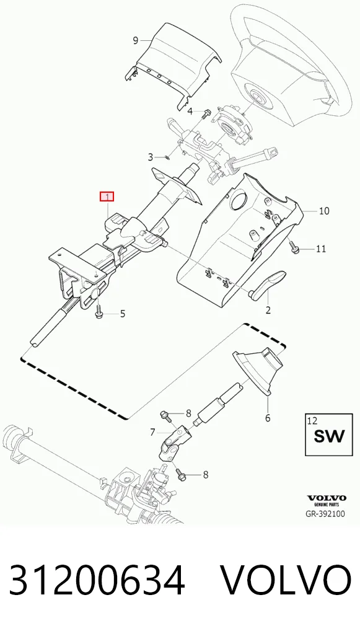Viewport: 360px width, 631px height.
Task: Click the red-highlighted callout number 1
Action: tap(107, 196)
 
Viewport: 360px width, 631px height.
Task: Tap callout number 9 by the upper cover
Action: tap(136, 40)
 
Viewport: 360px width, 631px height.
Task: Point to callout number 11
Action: tap(320, 249)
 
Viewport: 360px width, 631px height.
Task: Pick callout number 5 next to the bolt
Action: tap(123, 314)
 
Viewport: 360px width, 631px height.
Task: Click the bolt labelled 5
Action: tap(99, 309)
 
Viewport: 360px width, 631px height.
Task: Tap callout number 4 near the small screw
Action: tap(190, 111)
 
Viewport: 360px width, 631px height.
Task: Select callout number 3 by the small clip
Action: tap(151, 157)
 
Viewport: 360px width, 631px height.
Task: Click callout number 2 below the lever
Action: tap(268, 311)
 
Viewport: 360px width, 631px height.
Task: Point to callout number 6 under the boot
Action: tap(268, 418)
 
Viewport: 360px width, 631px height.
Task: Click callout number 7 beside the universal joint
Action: tap(152, 432)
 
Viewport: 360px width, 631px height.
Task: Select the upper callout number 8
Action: tap(188, 413)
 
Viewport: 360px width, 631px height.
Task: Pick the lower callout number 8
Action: tap(206, 475)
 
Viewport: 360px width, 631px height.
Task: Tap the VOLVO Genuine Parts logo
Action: tap(327, 501)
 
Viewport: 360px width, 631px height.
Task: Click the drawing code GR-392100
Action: tap(325, 514)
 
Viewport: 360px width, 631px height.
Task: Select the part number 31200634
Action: tap(97, 580)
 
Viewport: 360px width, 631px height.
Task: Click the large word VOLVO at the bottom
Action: tap(286, 580)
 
